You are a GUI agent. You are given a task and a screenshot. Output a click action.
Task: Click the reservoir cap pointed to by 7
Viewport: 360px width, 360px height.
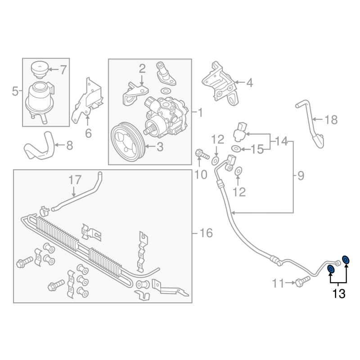pyautogui.click(x=40, y=68)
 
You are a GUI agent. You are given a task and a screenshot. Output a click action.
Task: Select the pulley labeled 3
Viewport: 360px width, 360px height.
pyautogui.click(x=127, y=142)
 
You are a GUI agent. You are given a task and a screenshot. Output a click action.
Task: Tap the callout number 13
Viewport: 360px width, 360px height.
pyautogui.click(x=339, y=294)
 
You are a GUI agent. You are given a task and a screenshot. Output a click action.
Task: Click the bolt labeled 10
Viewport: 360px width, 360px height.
pyautogui.click(x=202, y=154)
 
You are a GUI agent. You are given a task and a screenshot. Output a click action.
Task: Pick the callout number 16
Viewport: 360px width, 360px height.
pyautogui.click(x=207, y=233)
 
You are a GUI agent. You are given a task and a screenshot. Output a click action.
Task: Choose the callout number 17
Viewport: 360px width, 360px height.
pyautogui.click(x=75, y=180)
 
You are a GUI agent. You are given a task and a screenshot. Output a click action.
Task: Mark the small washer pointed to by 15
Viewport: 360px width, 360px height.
pyautogui.click(x=236, y=149)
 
